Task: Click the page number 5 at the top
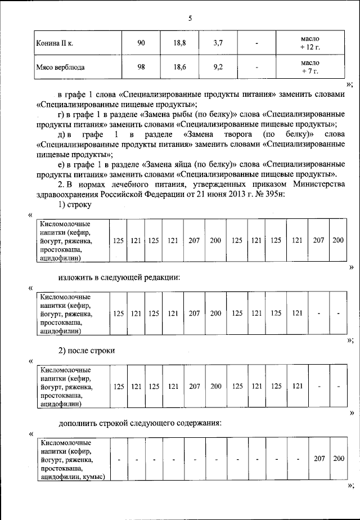tap(190, 18)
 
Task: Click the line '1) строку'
tap(75, 204)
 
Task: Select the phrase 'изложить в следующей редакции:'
tap(120, 277)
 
